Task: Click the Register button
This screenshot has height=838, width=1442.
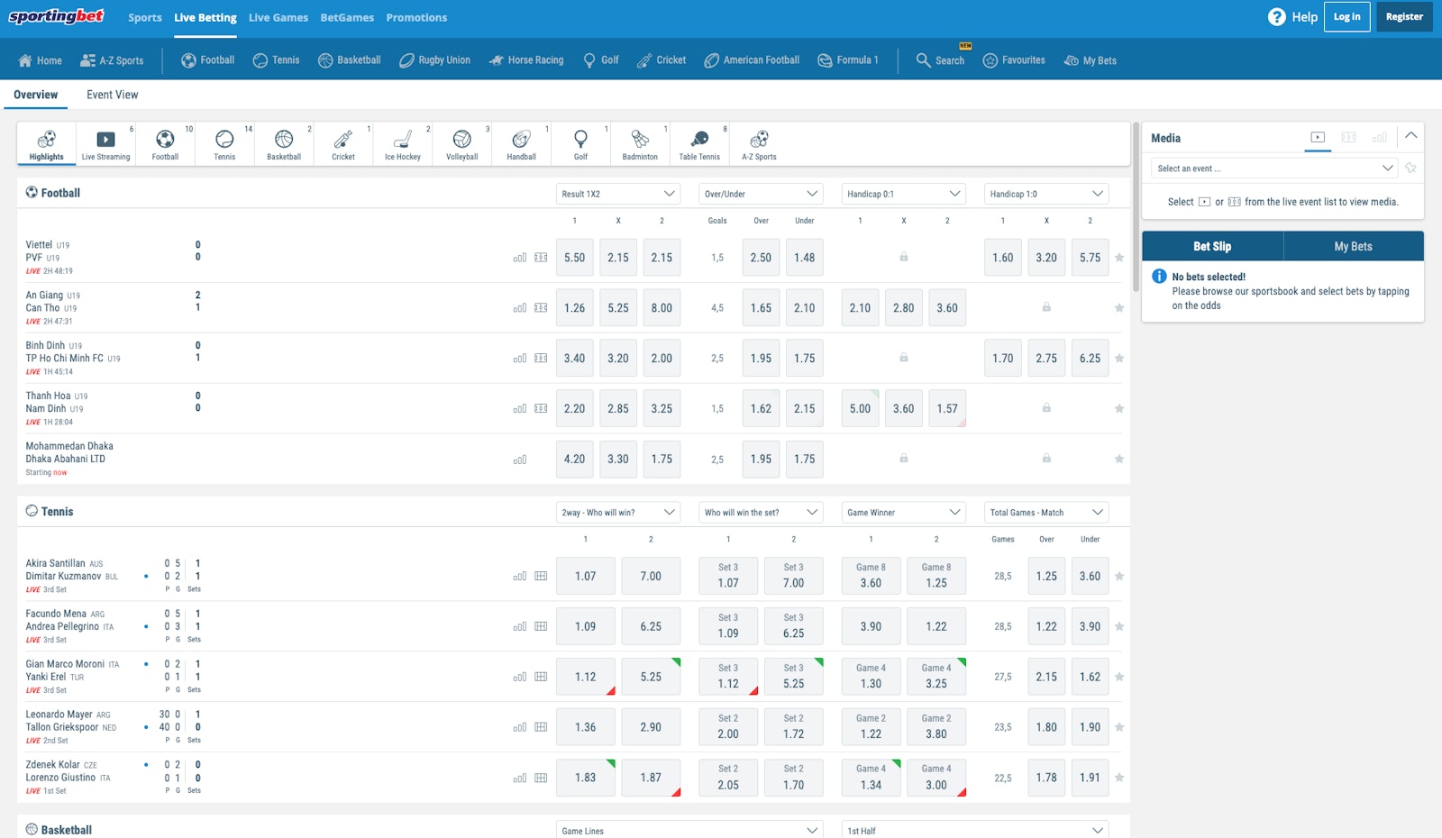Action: [x=1403, y=17]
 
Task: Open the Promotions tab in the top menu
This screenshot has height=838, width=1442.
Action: [x=416, y=18]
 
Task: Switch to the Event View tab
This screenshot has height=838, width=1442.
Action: [x=112, y=95]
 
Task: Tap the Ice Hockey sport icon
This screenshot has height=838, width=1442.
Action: [x=403, y=144]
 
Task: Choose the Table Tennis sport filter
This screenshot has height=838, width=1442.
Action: [x=699, y=144]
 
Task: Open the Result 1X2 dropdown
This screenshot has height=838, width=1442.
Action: [x=618, y=194]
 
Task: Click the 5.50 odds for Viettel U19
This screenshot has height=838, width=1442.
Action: [x=574, y=258]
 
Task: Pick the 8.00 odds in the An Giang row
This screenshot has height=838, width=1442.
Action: [x=662, y=308]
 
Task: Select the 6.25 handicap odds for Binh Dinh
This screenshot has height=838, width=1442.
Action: [x=1090, y=359]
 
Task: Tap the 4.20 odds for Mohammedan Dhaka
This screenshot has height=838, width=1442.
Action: [x=574, y=460]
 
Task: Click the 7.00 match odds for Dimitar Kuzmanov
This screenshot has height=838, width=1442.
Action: [x=651, y=577]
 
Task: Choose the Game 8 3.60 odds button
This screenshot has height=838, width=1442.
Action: [x=871, y=577]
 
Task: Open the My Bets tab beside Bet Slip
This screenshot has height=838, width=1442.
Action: [x=1353, y=247]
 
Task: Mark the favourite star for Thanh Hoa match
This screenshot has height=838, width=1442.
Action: [x=1119, y=409]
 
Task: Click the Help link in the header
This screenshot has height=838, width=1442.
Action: [x=1293, y=17]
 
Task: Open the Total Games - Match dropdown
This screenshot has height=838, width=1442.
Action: [x=1045, y=513]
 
